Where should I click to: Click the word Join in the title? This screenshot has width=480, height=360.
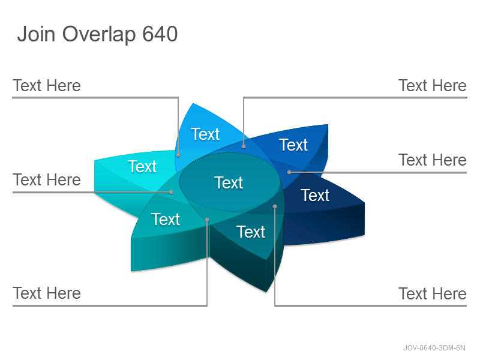[36, 34]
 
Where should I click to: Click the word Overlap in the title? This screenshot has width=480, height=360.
[99, 35]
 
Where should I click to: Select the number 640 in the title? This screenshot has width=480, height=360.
[160, 34]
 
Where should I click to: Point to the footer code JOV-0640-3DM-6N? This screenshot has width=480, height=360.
[434, 348]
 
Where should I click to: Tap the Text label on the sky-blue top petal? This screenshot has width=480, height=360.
[205, 134]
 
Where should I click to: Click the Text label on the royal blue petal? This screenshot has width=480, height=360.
[293, 145]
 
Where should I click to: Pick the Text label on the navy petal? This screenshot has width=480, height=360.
[315, 196]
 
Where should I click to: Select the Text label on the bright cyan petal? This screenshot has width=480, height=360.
[142, 167]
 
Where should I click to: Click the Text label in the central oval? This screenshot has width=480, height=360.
[229, 183]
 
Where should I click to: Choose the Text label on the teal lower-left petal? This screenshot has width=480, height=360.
[166, 219]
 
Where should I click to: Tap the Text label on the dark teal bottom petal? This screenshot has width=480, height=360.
[251, 232]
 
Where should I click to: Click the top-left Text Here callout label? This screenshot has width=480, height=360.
[47, 85]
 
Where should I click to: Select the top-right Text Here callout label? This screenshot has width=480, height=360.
[433, 85]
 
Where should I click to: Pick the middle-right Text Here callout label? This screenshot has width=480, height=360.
[433, 160]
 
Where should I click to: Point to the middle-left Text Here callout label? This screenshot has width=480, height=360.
[47, 179]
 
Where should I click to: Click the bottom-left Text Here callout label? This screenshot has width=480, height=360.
[47, 293]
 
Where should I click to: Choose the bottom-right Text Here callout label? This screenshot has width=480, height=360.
[433, 294]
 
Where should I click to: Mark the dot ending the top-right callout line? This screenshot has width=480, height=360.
[244, 146]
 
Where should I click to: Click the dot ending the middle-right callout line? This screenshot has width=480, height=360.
[289, 172]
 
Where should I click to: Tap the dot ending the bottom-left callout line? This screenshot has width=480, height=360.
[207, 220]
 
